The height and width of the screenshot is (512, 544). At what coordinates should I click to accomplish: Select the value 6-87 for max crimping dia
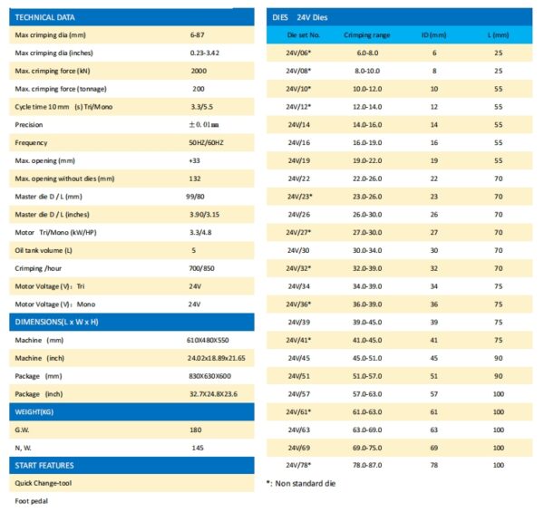point(197,34)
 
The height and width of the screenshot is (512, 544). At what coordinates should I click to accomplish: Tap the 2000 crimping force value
point(199,71)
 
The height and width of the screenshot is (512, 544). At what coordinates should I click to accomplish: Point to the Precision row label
point(30,125)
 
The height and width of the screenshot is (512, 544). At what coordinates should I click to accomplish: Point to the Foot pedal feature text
point(32,500)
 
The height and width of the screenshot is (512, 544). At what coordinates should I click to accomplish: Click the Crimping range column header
point(367,34)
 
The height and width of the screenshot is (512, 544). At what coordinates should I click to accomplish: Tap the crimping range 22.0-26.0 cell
point(367,179)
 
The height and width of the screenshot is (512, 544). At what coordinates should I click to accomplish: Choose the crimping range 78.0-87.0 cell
point(367,465)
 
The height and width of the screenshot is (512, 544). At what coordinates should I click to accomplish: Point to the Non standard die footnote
point(304,483)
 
